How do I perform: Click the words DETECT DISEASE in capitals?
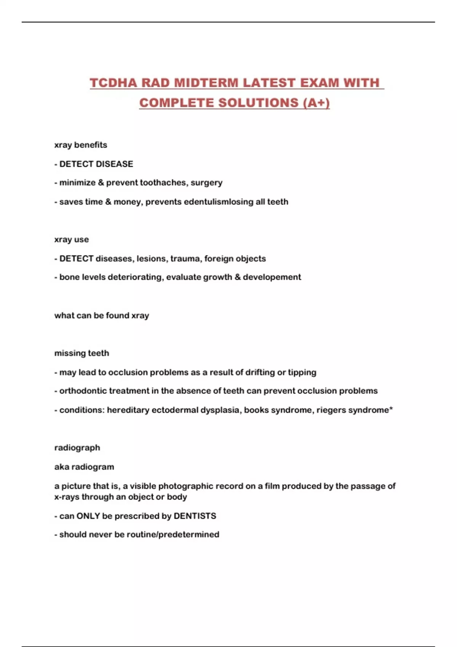click(x=96, y=164)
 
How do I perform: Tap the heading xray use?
click(x=72, y=239)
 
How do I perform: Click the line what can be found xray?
click(x=102, y=316)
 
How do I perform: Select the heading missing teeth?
click(x=81, y=353)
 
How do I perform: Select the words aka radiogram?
click(x=84, y=467)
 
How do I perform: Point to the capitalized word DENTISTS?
click(x=195, y=516)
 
